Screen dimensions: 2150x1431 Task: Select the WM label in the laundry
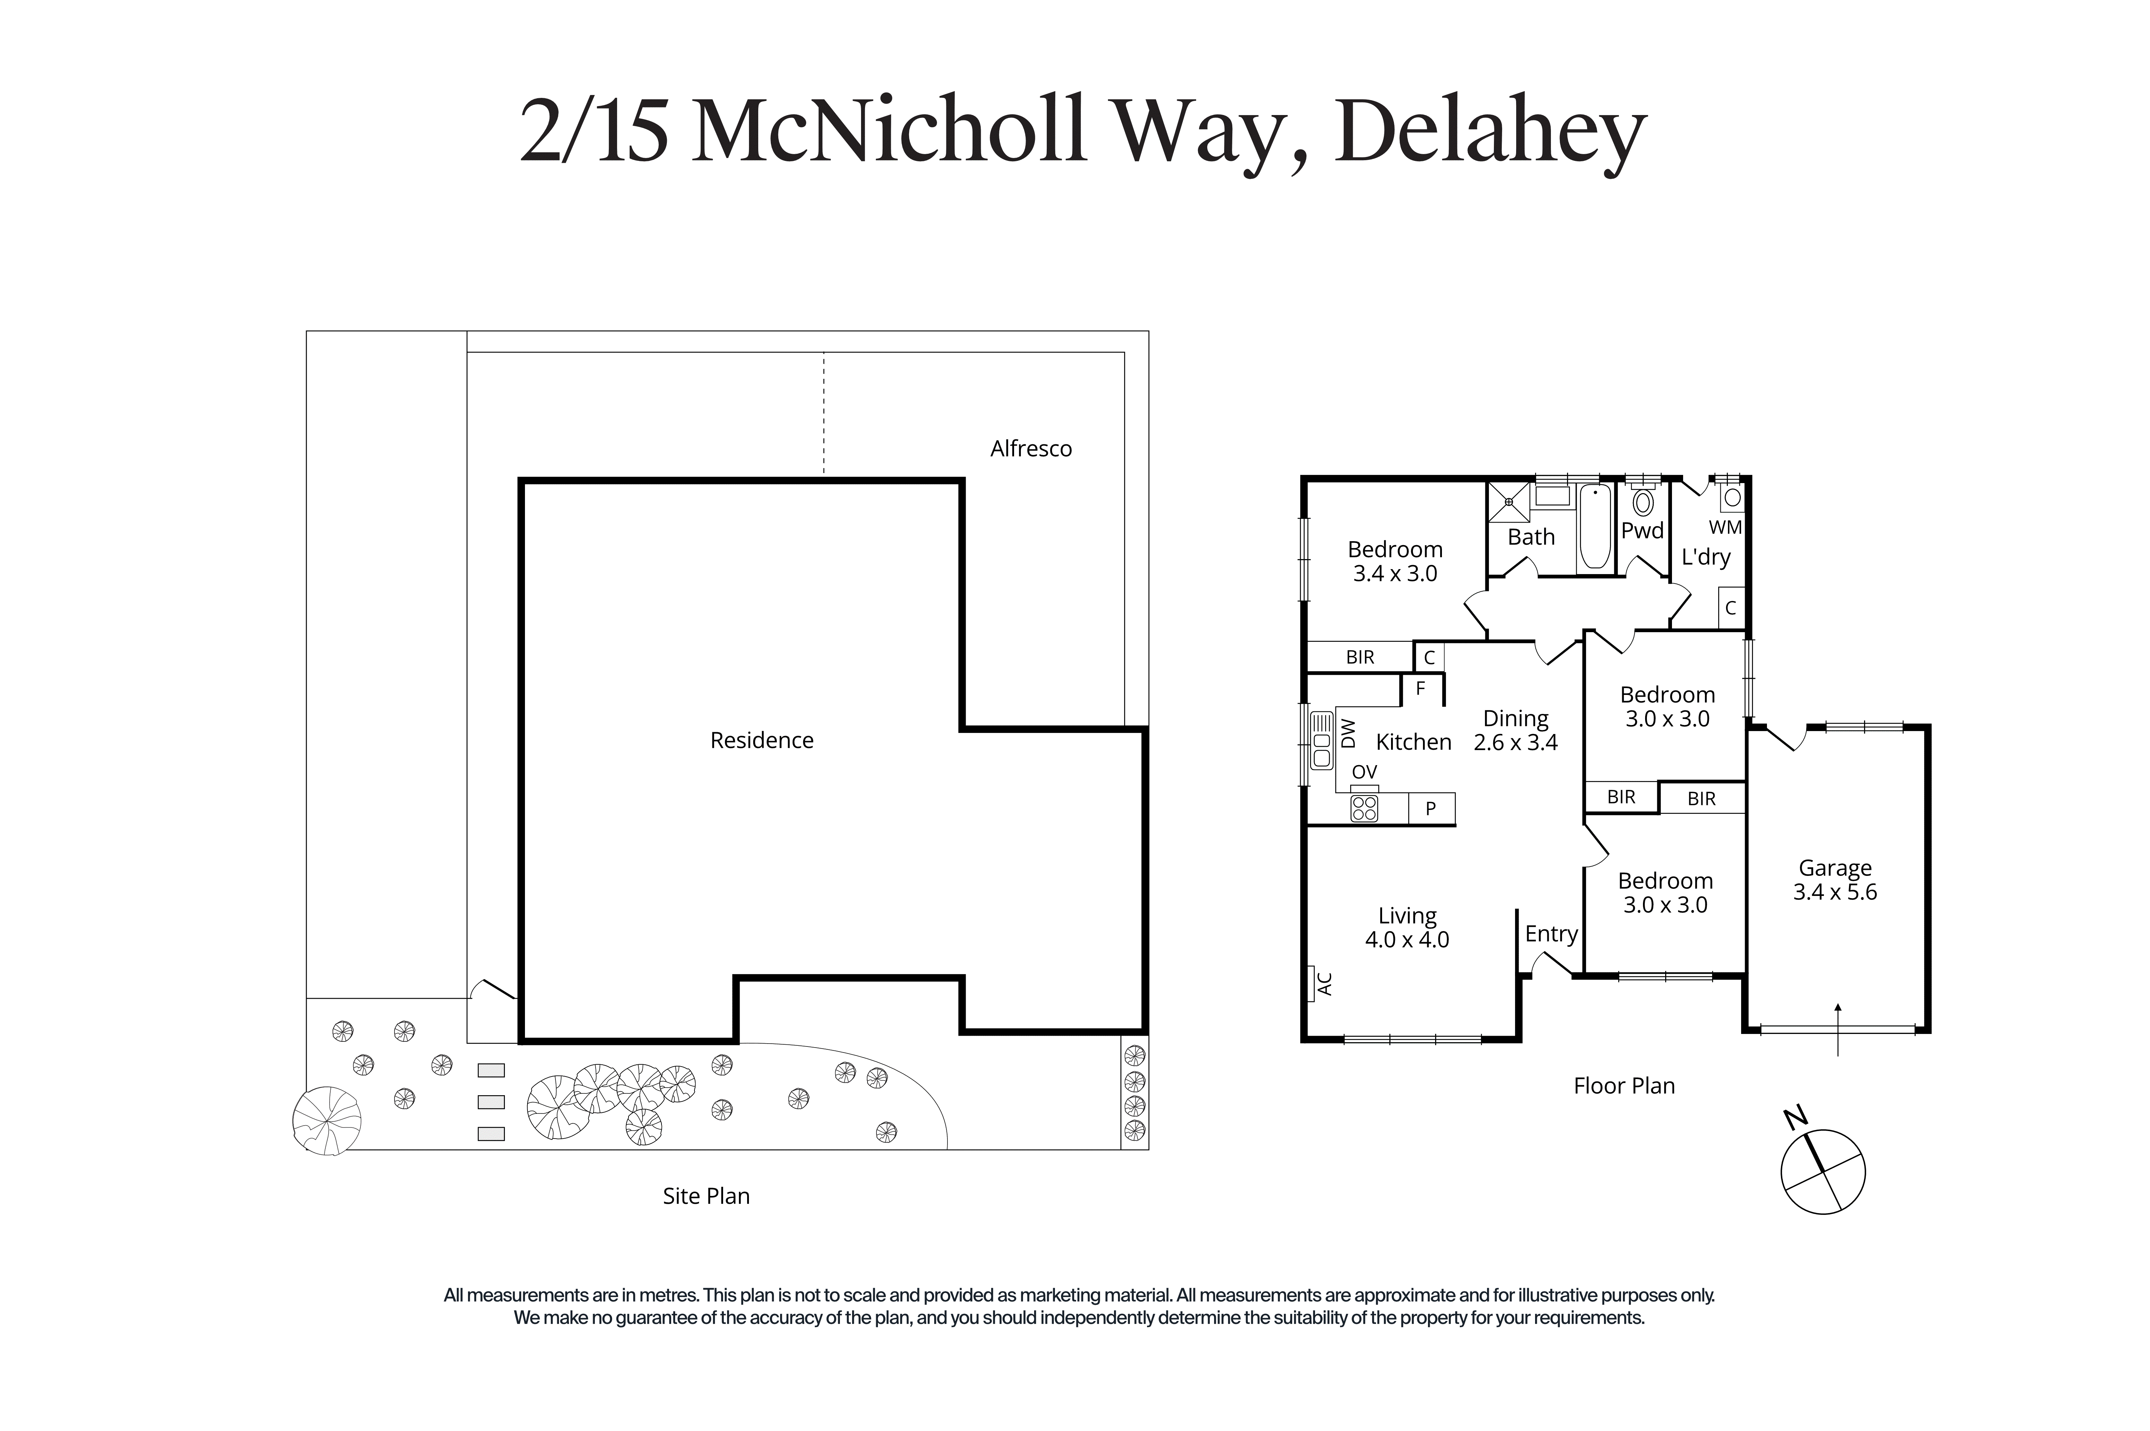1725,528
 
